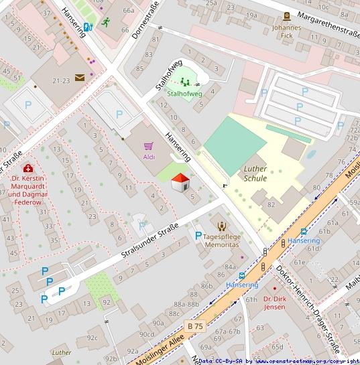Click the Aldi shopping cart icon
click(x=149, y=145)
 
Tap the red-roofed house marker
click(x=180, y=181)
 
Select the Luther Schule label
click(x=255, y=173)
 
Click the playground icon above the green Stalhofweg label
click(x=184, y=82)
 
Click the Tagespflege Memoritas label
click(x=221, y=241)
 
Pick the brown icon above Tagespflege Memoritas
click(x=222, y=226)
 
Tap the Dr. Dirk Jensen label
click(x=275, y=303)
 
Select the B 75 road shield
click(x=194, y=325)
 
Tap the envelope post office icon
click(x=80, y=78)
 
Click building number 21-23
click(x=61, y=80)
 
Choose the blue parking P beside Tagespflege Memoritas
click(x=198, y=236)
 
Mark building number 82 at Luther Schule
click(x=271, y=204)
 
